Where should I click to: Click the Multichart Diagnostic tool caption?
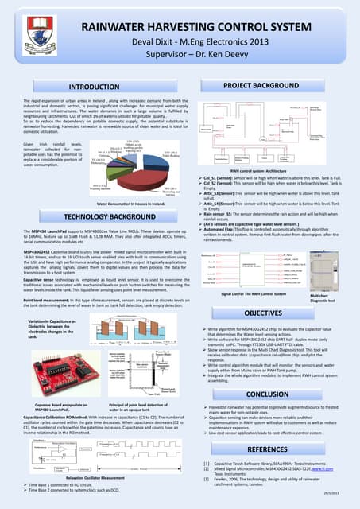[335, 297]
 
